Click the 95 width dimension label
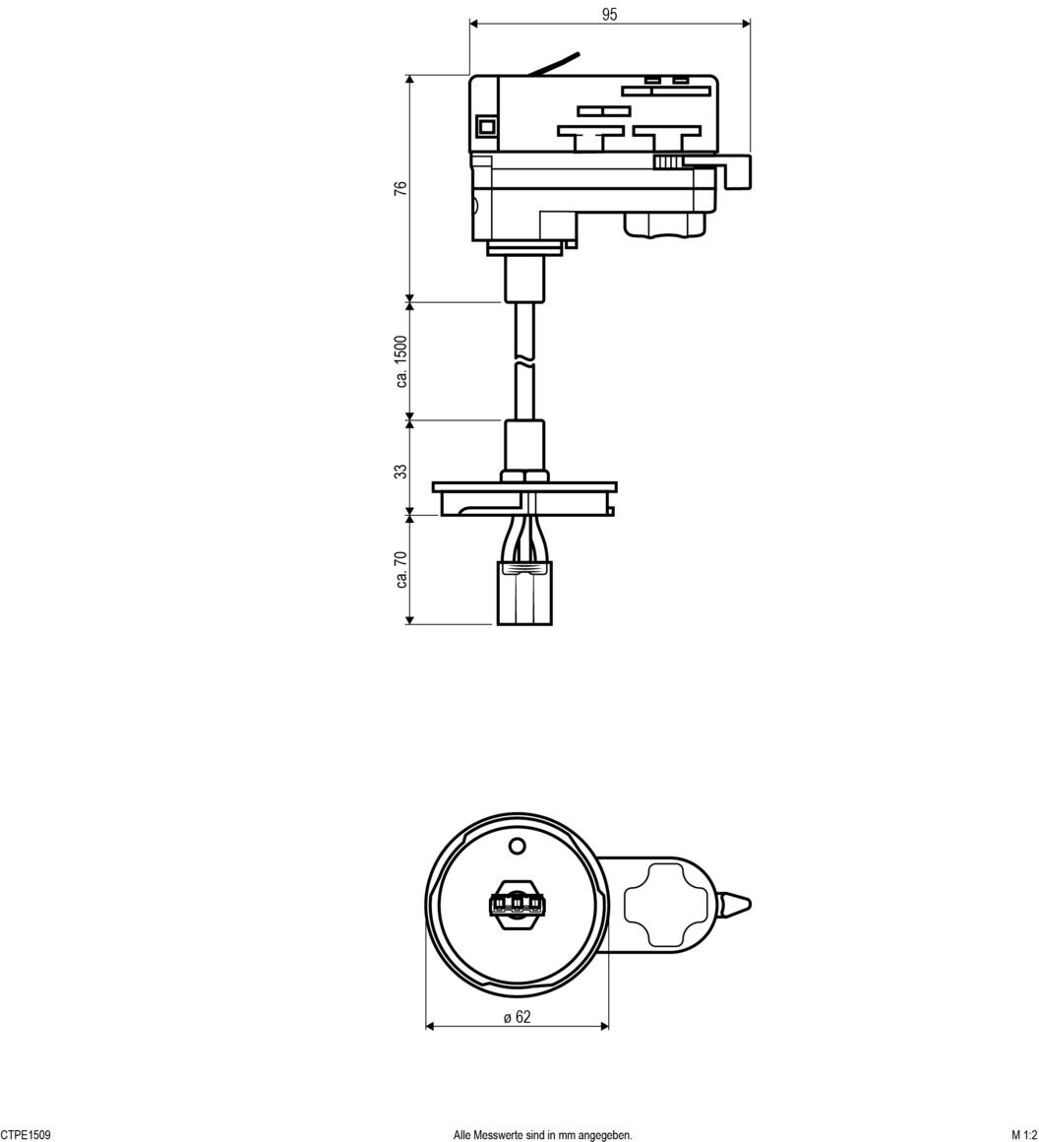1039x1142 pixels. pyautogui.click(x=609, y=14)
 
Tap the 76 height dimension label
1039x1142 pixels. pyautogui.click(x=400, y=188)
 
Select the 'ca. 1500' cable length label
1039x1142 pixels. pyautogui.click(x=400, y=361)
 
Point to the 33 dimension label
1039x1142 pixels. pyautogui.click(x=400, y=472)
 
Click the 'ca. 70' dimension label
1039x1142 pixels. pyautogui.click(x=400, y=570)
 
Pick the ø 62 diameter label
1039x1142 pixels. pyautogui.click(x=517, y=1017)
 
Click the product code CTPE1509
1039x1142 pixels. pyautogui.click(x=26, y=1135)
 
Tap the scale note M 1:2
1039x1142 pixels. pyautogui.click(x=1024, y=1135)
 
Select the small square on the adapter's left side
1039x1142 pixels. pyautogui.click(x=485, y=127)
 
